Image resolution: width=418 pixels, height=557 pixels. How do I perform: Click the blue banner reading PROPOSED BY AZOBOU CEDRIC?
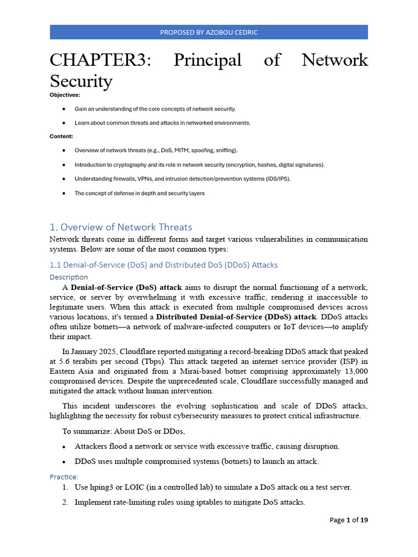(x=209, y=32)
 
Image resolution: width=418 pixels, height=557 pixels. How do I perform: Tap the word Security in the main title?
(x=81, y=81)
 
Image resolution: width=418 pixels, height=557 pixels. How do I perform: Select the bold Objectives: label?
(x=65, y=95)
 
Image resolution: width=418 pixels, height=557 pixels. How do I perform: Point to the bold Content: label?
(x=62, y=137)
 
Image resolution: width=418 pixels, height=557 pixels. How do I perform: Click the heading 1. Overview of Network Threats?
(x=121, y=227)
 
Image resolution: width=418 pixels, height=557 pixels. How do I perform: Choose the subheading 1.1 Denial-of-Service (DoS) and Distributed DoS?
(x=163, y=265)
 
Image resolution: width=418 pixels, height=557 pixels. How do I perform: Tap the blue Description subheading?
(x=69, y=277)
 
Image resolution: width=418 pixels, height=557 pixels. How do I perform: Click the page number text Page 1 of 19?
(x=348, y=520)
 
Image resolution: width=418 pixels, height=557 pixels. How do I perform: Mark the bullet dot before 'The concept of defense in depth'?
(x=64, y=193)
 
